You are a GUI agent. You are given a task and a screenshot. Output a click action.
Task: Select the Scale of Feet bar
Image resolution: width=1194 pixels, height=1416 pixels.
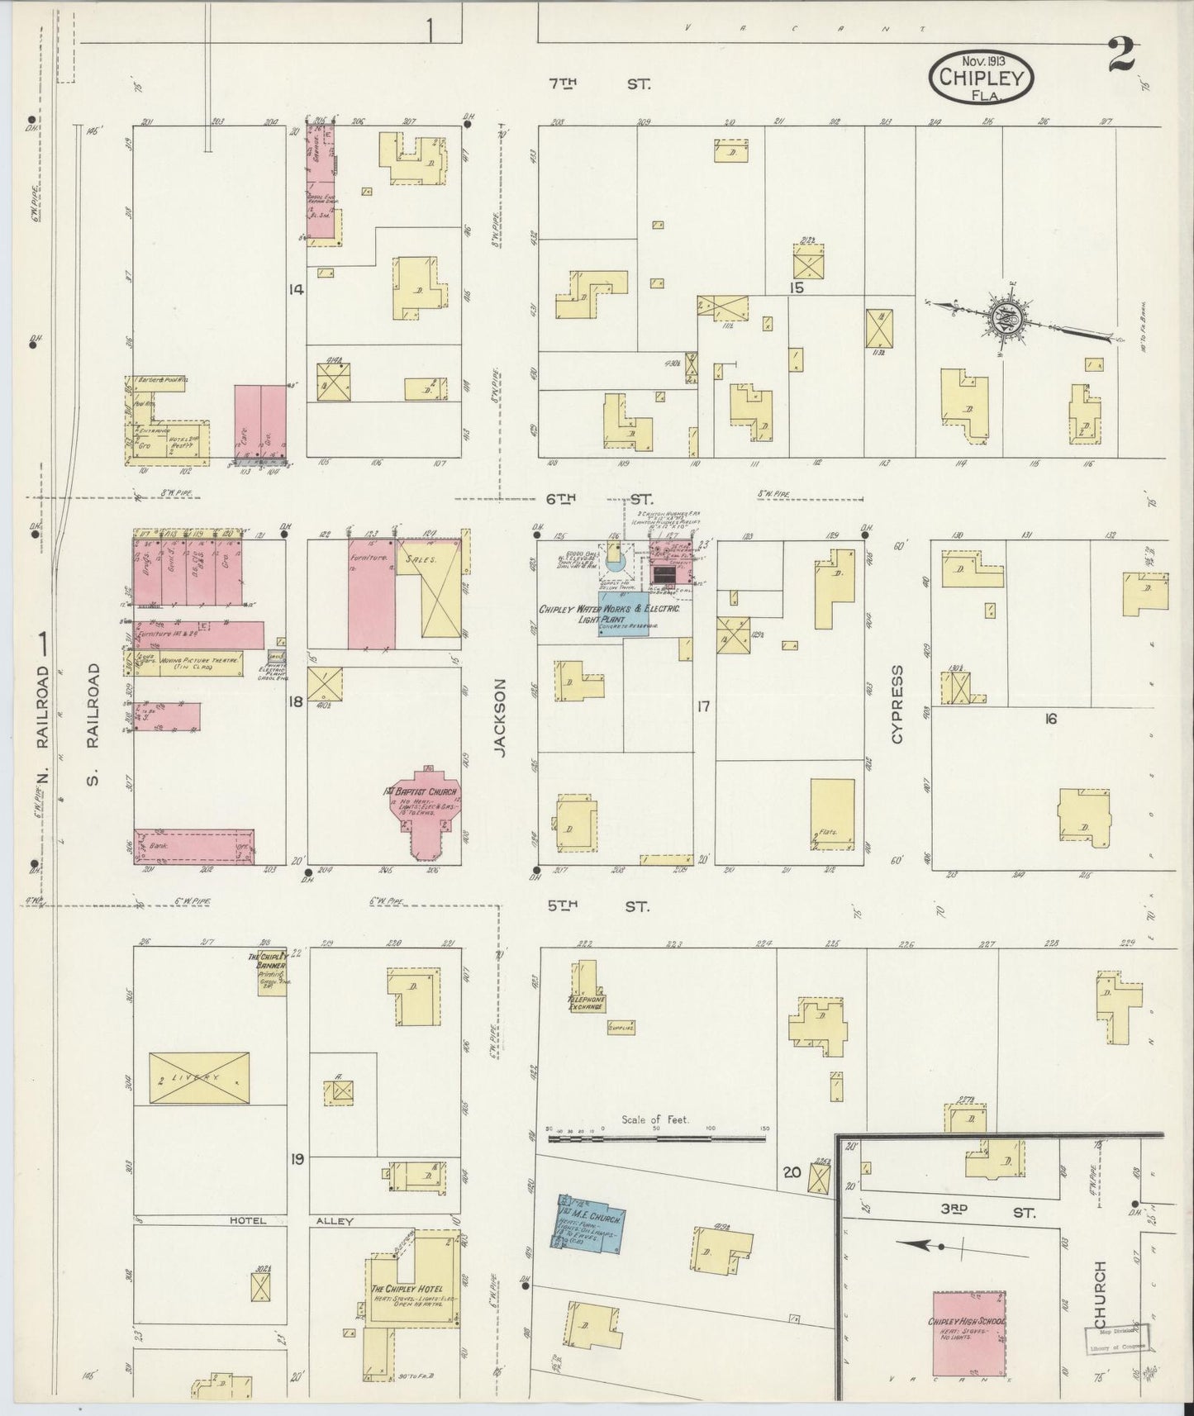pos(657,1138)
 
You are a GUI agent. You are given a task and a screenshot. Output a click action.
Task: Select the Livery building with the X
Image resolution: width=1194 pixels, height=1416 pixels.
pos(199,1076)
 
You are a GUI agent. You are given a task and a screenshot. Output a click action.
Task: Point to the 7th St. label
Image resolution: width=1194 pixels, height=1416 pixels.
pos(601,83)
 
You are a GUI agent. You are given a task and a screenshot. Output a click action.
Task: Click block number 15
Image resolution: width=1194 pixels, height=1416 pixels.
pos(797,288)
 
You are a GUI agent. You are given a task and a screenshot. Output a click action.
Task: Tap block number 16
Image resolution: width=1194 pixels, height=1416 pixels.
pos(1049,719)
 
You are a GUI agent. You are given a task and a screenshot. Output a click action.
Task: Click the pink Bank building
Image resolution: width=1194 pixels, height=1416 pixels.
pos(194,846)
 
